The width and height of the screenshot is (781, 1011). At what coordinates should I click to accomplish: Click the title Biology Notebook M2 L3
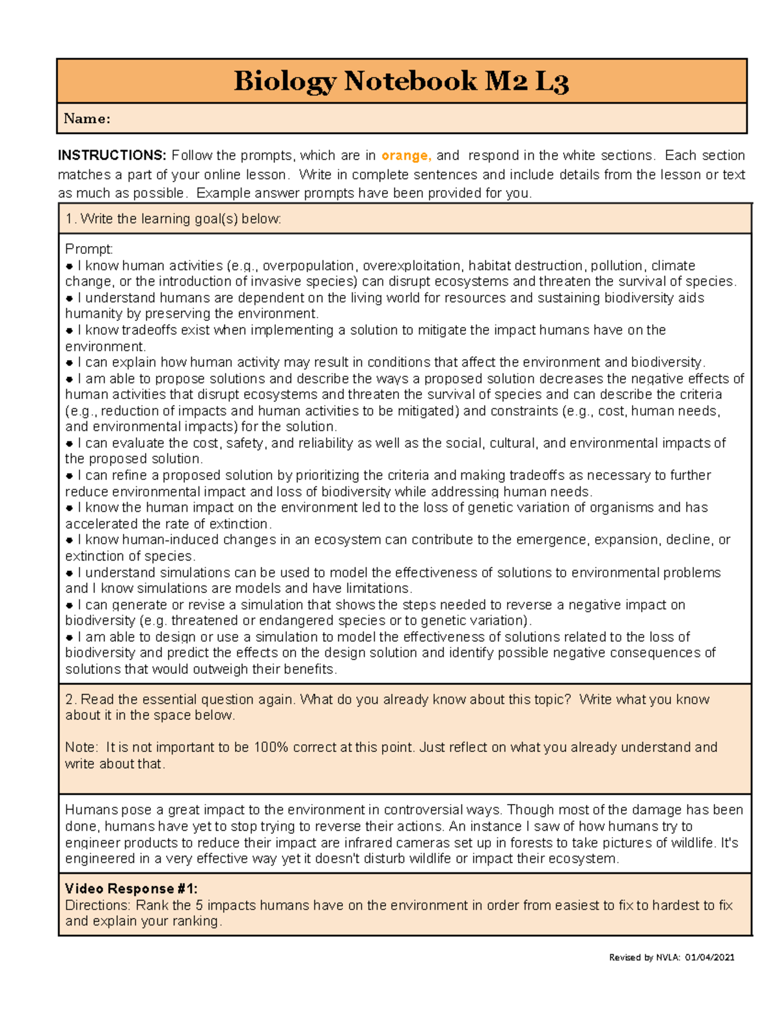click(401, 81)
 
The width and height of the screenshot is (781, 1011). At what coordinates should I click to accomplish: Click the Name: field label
click(87, 118)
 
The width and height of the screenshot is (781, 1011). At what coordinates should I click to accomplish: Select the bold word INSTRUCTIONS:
click(112, 156)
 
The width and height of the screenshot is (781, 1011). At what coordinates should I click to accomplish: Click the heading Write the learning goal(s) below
click(173, 219)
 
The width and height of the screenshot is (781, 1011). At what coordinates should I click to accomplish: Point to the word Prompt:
click(89, 249)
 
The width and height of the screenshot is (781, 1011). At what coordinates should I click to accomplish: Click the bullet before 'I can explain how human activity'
click(70, 363)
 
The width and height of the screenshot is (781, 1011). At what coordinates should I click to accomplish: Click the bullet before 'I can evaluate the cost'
click(70, 443)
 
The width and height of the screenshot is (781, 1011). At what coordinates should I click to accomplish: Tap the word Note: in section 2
click(81, 747)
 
